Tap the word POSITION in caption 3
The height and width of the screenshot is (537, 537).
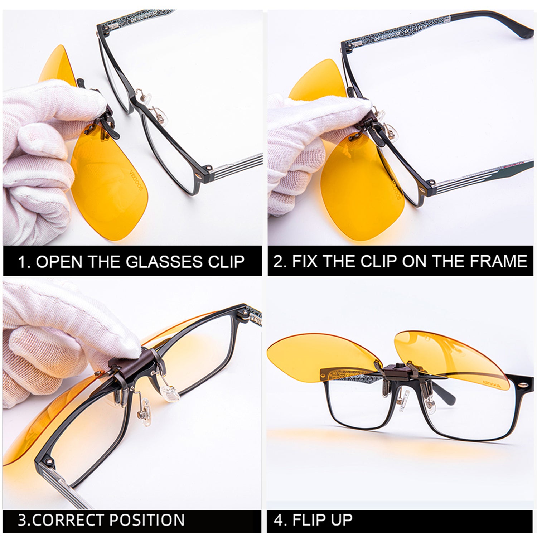(x=147, y=520)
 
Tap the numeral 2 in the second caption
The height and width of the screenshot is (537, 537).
(x=278, y=261)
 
